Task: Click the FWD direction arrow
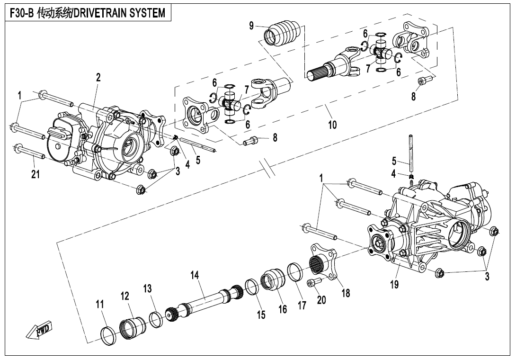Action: (40, 331)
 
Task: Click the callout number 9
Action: (252, 26)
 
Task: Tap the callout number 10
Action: (332, 125)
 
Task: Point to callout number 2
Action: (98, 78)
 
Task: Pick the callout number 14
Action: (195, 275)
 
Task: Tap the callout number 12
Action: (125, 296)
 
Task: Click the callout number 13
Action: (148, 288)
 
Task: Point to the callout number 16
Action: (283, 309)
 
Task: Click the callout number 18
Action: (346, 293)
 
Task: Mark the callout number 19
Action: (394, 284)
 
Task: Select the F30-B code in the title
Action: (20, 13)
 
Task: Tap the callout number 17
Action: (302, 306)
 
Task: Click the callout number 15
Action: (261, 315)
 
